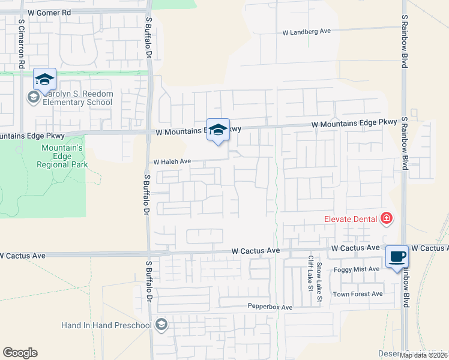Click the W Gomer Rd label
coord(49,12)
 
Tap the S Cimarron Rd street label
coord(21,42)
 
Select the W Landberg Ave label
coord(307,32)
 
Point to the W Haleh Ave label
coord(172,161)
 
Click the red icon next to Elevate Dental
coord(387,218)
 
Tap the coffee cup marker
coord(397,257)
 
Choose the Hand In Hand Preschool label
coord(106,325)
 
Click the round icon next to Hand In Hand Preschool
coord(161,325)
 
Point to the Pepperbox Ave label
coord(270,307)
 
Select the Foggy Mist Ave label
coord(357,269)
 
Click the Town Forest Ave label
coord(358,294)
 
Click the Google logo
coord(20,353)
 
